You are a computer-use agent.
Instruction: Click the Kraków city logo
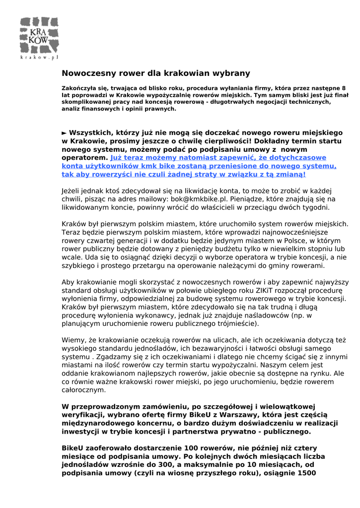[x=39, y=35]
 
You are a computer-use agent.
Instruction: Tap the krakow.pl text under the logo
[x=39, y=58]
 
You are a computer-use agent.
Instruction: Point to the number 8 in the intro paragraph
[x=344, y=88]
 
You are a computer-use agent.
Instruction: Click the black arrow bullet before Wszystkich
[x=64, y=133]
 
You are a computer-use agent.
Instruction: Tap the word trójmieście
[x=232, y=323]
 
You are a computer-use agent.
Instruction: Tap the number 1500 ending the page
[x=306, y=473]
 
